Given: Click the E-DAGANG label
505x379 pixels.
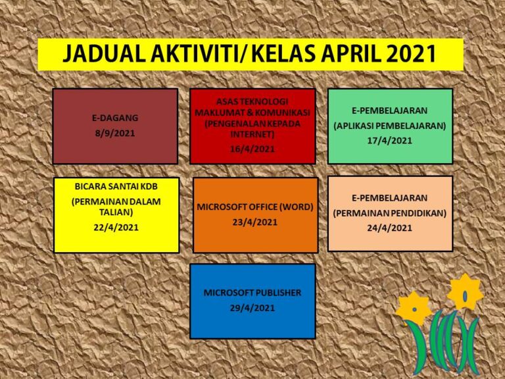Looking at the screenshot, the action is tap(115, 118).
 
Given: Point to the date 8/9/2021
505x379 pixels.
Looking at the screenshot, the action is tap(115, 133).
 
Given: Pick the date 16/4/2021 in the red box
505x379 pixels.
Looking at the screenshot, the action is tap(252, 149).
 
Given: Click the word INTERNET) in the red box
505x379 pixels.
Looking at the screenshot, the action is tap(252, 134).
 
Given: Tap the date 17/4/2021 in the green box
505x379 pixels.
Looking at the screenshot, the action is tap(390, 141).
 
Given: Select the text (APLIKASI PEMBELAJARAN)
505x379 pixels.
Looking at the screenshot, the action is tap(390, 126).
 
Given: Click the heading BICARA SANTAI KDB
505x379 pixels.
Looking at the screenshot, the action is tap(116, 186).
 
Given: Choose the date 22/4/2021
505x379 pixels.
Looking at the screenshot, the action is tap(116, 228).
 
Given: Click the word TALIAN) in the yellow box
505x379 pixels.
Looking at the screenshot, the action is tap(116, 213).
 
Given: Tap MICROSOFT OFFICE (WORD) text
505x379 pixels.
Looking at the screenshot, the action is tap(255, 207).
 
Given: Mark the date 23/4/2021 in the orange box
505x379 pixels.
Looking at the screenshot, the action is tap(255, 222).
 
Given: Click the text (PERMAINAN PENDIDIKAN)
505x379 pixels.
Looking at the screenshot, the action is tap(390, 213).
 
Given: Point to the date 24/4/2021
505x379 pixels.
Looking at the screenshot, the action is tap(390, 228).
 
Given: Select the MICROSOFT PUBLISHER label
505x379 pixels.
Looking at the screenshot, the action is tap(252, 293).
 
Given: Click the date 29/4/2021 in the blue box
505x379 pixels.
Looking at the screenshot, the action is tap(252, 308).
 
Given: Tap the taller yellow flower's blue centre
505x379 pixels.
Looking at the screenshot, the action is tap(465, 295).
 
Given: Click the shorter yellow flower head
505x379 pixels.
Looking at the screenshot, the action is tap(414, 308).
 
